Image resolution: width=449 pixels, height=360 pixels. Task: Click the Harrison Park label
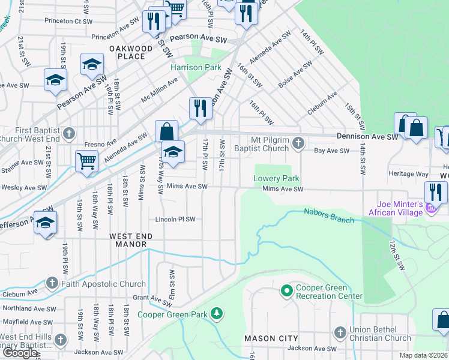(196, 68)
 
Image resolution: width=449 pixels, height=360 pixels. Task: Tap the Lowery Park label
(276, 179)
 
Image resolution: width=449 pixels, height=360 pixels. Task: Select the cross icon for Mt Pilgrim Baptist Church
(300, 143)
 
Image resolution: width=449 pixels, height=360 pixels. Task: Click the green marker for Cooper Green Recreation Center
(286, 291)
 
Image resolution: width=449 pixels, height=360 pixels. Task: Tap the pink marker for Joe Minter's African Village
(430, 209)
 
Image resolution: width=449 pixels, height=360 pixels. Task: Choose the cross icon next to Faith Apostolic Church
(52, 283)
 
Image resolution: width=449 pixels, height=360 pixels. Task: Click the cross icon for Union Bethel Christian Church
(340, 332)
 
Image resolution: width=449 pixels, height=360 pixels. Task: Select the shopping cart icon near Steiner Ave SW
(86, 161)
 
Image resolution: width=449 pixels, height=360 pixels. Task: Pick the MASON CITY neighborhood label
(268, 339)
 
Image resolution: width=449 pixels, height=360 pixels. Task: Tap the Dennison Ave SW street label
(367, 137)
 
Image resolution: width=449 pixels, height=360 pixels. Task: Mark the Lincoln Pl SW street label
(175, 219)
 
